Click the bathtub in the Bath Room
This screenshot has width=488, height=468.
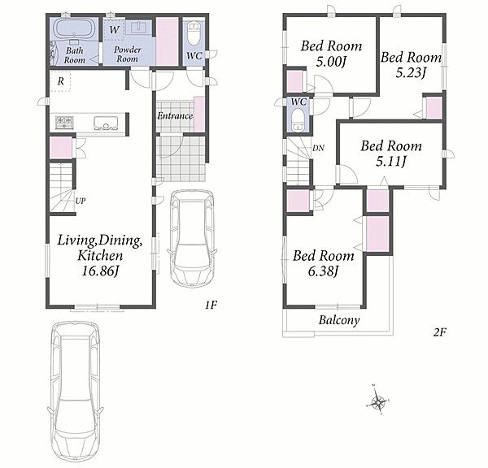[x=75, y=28]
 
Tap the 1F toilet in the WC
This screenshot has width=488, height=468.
[x=194, y=32]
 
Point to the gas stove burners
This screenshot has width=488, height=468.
[x=64, y=122]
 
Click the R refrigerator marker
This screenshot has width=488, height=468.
[x=61, y=81]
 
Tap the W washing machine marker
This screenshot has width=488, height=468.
[x=114, y=30]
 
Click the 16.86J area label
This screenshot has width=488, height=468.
[x=100, y=271]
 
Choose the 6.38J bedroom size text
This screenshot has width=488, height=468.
[x=323, y=272]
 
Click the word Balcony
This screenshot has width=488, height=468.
[x=339, y=320]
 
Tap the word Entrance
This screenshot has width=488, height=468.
[x=175, y=116]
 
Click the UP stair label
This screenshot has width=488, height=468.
[x=81, y=201]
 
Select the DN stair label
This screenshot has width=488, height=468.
[x=318, y=148]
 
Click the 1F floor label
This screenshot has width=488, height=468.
[x=211, y=305]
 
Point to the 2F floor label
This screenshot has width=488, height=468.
[x=440, y=332]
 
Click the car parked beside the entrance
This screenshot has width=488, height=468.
[x=192, y=239]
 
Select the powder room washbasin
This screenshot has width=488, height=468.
[x=139, y=28]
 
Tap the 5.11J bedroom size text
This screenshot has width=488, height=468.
[x=391, y=162]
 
